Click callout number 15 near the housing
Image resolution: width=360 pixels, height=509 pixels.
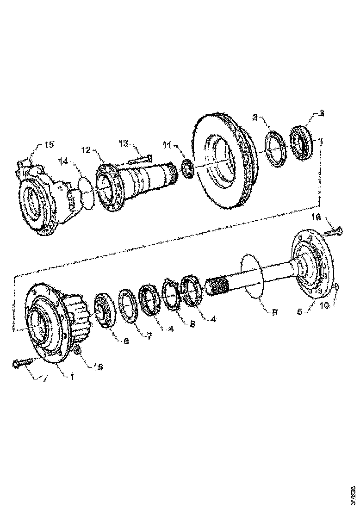coord(49,144)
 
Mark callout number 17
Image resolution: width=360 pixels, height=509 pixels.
coord(43,379)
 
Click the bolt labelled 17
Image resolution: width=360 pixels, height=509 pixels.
coord(22,364)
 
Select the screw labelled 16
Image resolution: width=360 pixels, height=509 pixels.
coord(333,231)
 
